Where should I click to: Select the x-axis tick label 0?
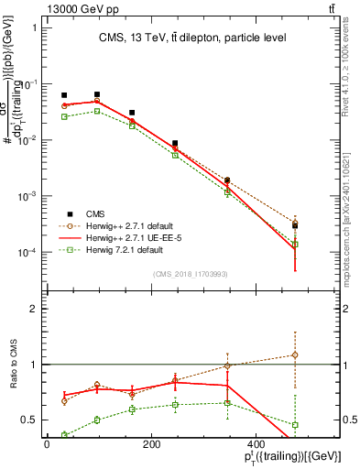coord(47,443)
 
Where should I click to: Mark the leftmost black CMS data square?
coord(64,95)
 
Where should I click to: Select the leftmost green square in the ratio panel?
coord(64,434)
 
